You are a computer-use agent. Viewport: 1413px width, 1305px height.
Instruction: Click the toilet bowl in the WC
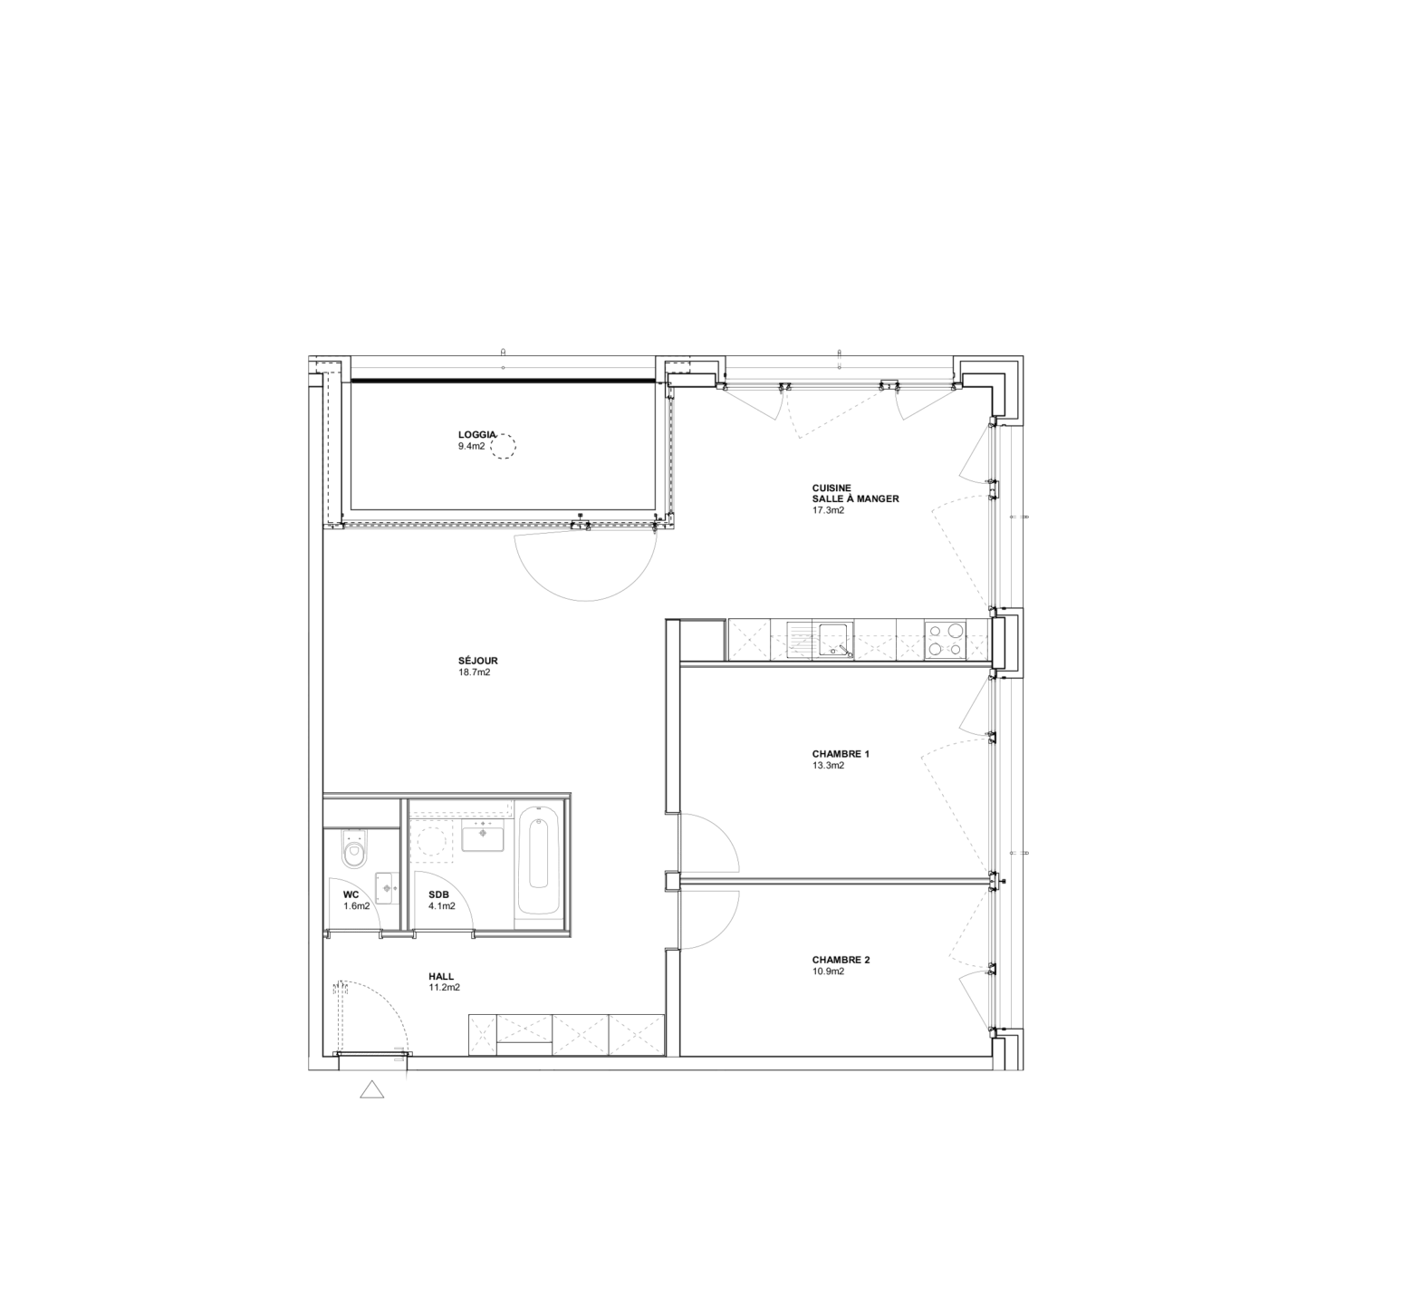click(354, 849)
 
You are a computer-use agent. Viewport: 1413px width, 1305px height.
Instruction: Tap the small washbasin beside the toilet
click(388, 888)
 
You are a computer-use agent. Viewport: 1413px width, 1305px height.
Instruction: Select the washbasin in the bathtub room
click(483, 835)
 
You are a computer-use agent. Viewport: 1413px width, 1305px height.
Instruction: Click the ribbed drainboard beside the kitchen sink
click(800, 640)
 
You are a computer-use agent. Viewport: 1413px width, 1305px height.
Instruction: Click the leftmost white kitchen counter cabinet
click(749, 640)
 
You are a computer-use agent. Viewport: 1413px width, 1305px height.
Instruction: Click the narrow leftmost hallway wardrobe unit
click(483, 1035)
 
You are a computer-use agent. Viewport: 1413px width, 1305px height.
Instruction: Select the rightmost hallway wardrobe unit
click(637, 1035)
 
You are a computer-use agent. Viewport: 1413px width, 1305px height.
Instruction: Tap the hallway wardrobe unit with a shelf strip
click(524, 1035)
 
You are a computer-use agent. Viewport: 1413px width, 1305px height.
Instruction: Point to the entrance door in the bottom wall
click(371, 1054)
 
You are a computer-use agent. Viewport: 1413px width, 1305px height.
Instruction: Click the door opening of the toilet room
click(392, 934)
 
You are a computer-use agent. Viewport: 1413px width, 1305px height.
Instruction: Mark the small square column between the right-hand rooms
click(672, 881)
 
